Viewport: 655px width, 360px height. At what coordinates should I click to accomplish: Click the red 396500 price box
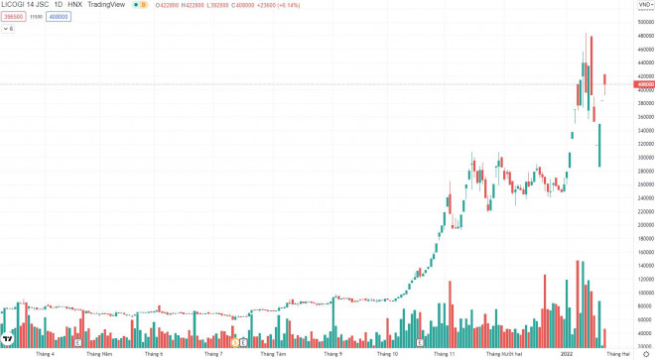pos(13,17)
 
